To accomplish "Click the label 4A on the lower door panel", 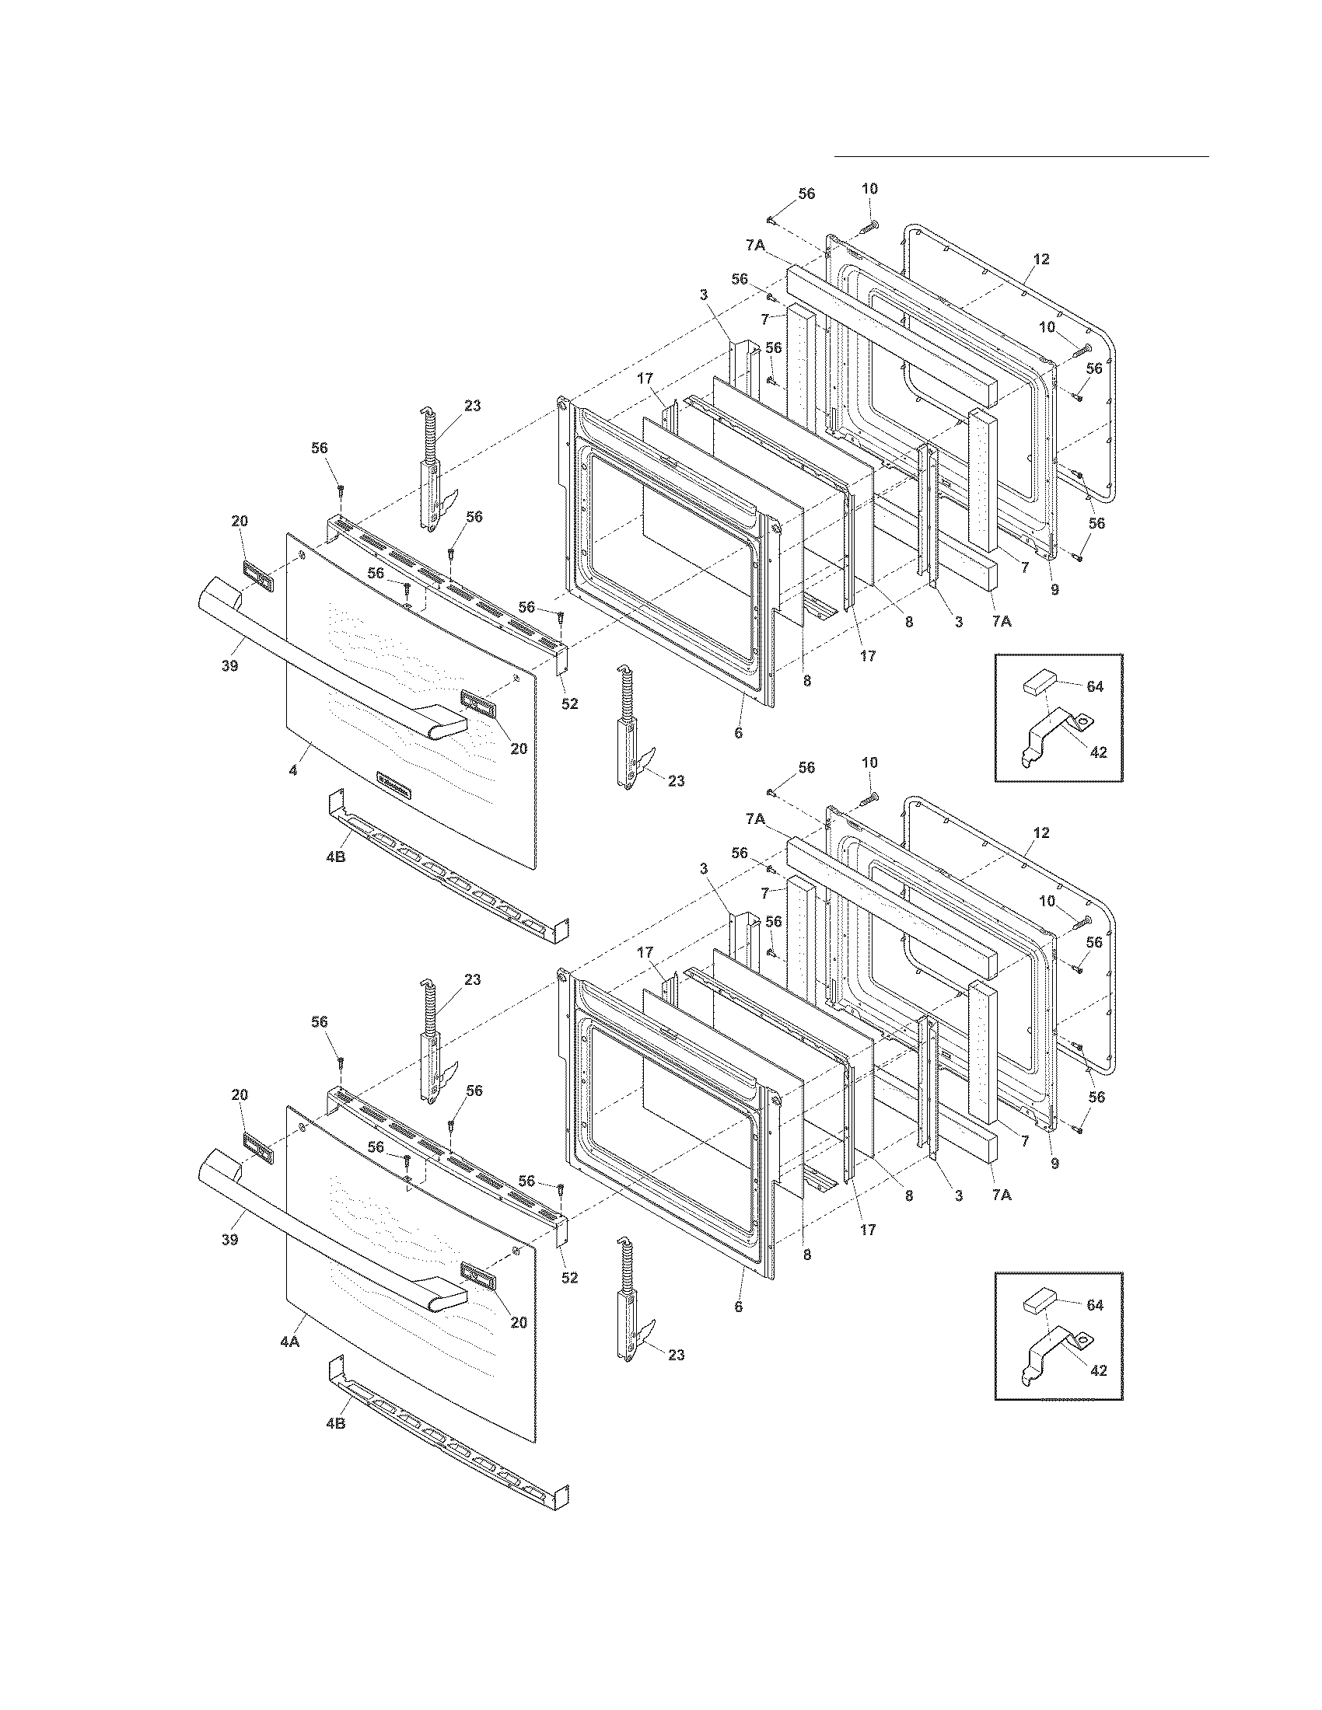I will pos(289,1342).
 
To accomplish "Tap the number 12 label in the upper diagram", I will pos(1040,259).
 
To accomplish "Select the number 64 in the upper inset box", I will pos(1095,686).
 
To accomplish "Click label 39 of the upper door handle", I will pos(229,666).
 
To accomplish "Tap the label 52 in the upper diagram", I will pos(569,704).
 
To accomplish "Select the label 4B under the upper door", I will pos(335,857).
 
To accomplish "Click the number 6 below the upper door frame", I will pos(738,734).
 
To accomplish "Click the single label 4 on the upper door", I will pos(293,770).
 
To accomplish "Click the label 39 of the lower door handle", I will pos(229,1241).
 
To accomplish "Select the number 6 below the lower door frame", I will pos(738,1307).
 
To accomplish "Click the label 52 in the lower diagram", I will pos(569,1277).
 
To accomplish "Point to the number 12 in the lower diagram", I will pos(1040,833).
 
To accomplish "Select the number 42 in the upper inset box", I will pos(1098,752).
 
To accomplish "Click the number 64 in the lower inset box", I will pos(1095,1305).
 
